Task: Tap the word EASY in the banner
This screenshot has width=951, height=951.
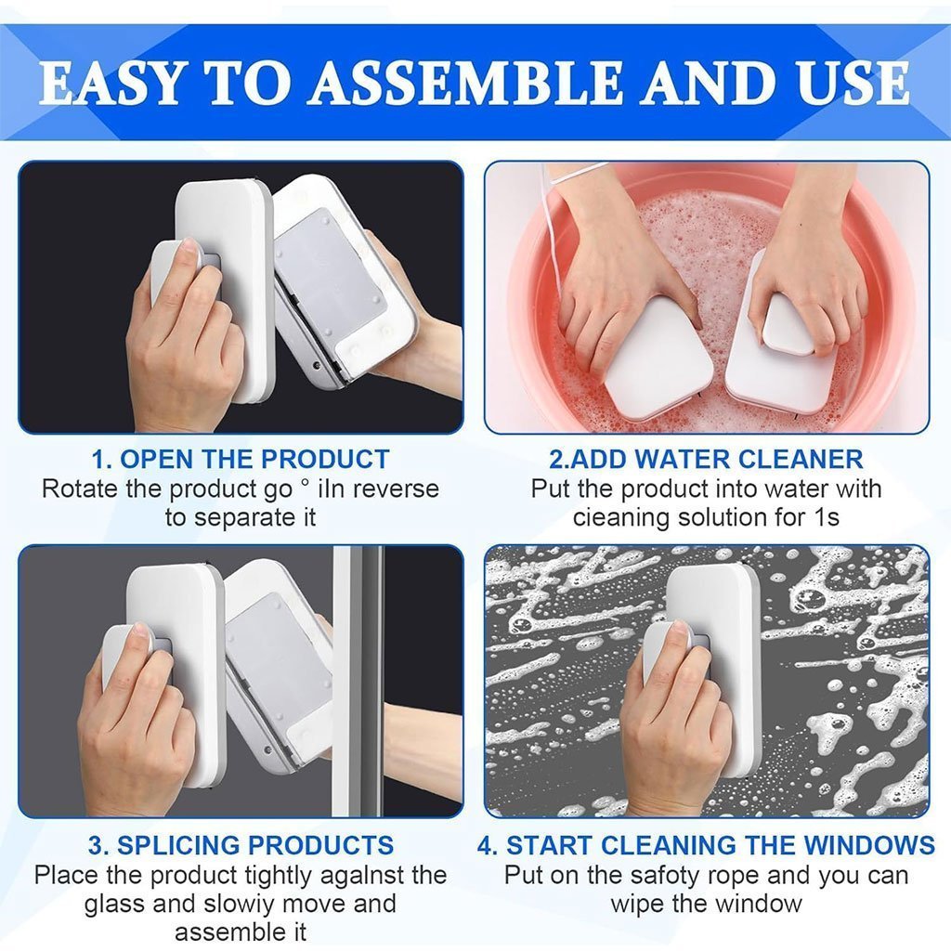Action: [111, 83]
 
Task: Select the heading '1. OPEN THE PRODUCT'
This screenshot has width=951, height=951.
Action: [241, 459]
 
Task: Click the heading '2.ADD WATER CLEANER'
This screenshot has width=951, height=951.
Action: [706, 459]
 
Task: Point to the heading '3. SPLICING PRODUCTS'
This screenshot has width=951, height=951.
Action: [241, 845]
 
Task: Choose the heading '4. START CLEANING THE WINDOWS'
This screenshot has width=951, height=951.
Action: [706, 845]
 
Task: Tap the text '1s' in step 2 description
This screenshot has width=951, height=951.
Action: [826, 517]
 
